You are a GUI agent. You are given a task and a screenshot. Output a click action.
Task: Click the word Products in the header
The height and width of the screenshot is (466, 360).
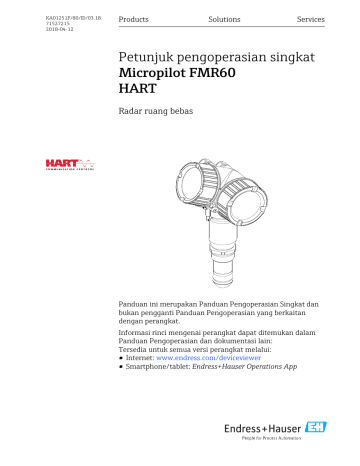coord(134,20)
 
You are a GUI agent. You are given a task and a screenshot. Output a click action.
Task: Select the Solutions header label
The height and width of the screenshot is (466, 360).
coord(224,20)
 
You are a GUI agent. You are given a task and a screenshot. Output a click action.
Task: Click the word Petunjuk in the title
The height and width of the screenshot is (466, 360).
coord(145,62)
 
